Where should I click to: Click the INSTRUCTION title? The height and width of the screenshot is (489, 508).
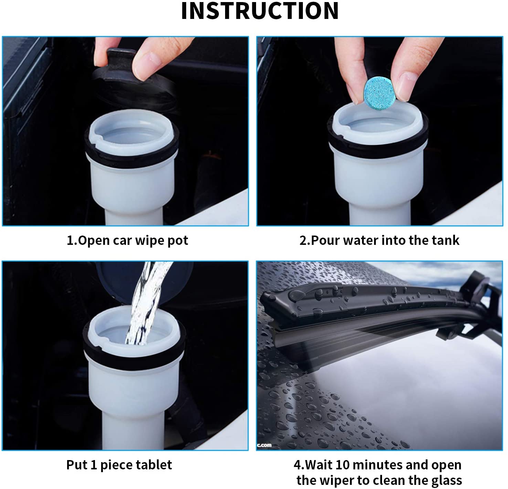point(260,11)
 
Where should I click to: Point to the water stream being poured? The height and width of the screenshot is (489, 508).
point(145,303)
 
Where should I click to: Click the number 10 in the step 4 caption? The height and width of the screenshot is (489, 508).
point(342,465)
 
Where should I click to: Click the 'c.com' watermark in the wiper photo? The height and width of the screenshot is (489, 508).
point(265,445)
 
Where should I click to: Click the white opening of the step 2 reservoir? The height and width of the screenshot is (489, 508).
point(377,121)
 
